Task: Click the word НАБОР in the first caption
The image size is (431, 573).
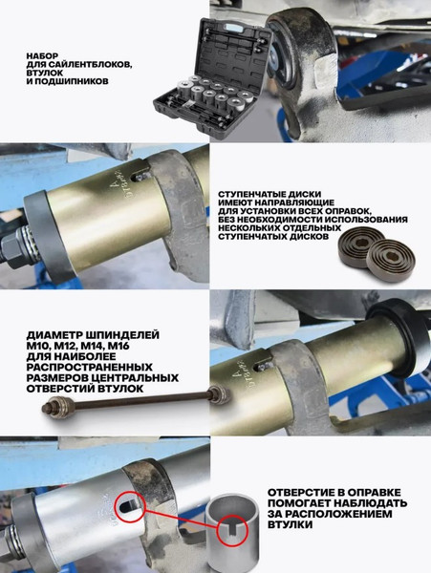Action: (x=45, y=55)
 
